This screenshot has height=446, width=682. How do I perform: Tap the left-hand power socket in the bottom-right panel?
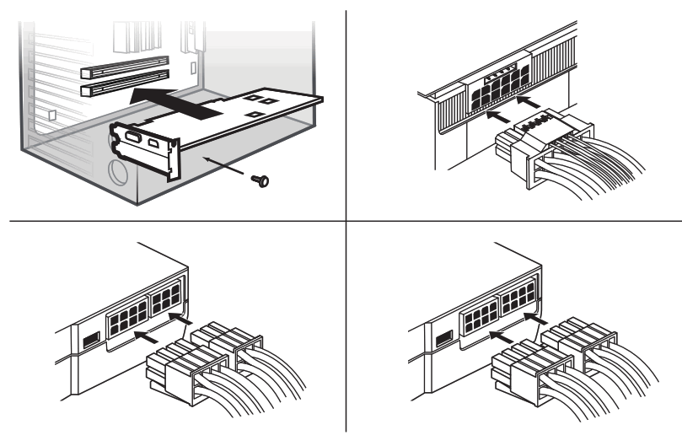[x=480, y=317]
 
